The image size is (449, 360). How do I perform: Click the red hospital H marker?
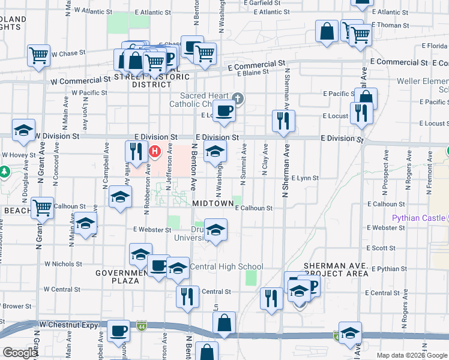tap(155, 151)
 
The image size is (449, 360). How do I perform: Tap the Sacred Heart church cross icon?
tap(238, 98)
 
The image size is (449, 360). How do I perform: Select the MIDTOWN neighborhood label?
tap(212, 204)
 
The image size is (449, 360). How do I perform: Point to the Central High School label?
tap(226, 266)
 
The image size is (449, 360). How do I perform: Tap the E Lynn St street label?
tap(305, 178)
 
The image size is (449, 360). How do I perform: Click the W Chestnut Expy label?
tap(66, 325)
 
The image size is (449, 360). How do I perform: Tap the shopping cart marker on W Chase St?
tap(38, 55)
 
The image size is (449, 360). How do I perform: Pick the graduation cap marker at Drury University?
tap(216, 230)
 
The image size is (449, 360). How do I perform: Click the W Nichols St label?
tap(63, 263)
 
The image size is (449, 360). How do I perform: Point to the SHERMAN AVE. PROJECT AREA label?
tap(336, 269)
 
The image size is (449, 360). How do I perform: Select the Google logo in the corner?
tap(20, 353)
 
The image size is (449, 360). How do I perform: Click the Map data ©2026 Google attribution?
tap(412, 355)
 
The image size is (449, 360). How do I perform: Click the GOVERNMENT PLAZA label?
tap(121, 277)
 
